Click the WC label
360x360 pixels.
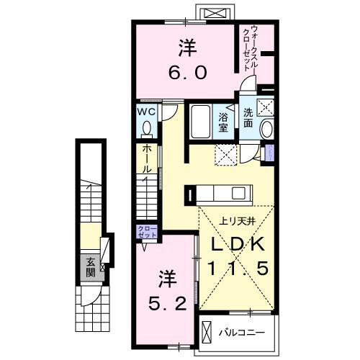(147, 112)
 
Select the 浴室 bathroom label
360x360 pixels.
(223, 122)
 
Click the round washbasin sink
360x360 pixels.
(266, 130)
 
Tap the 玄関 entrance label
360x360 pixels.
(91, 267)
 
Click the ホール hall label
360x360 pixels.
(147, 160)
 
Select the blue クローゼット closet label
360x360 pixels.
(147, 232)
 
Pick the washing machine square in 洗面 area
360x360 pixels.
(267, 106)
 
